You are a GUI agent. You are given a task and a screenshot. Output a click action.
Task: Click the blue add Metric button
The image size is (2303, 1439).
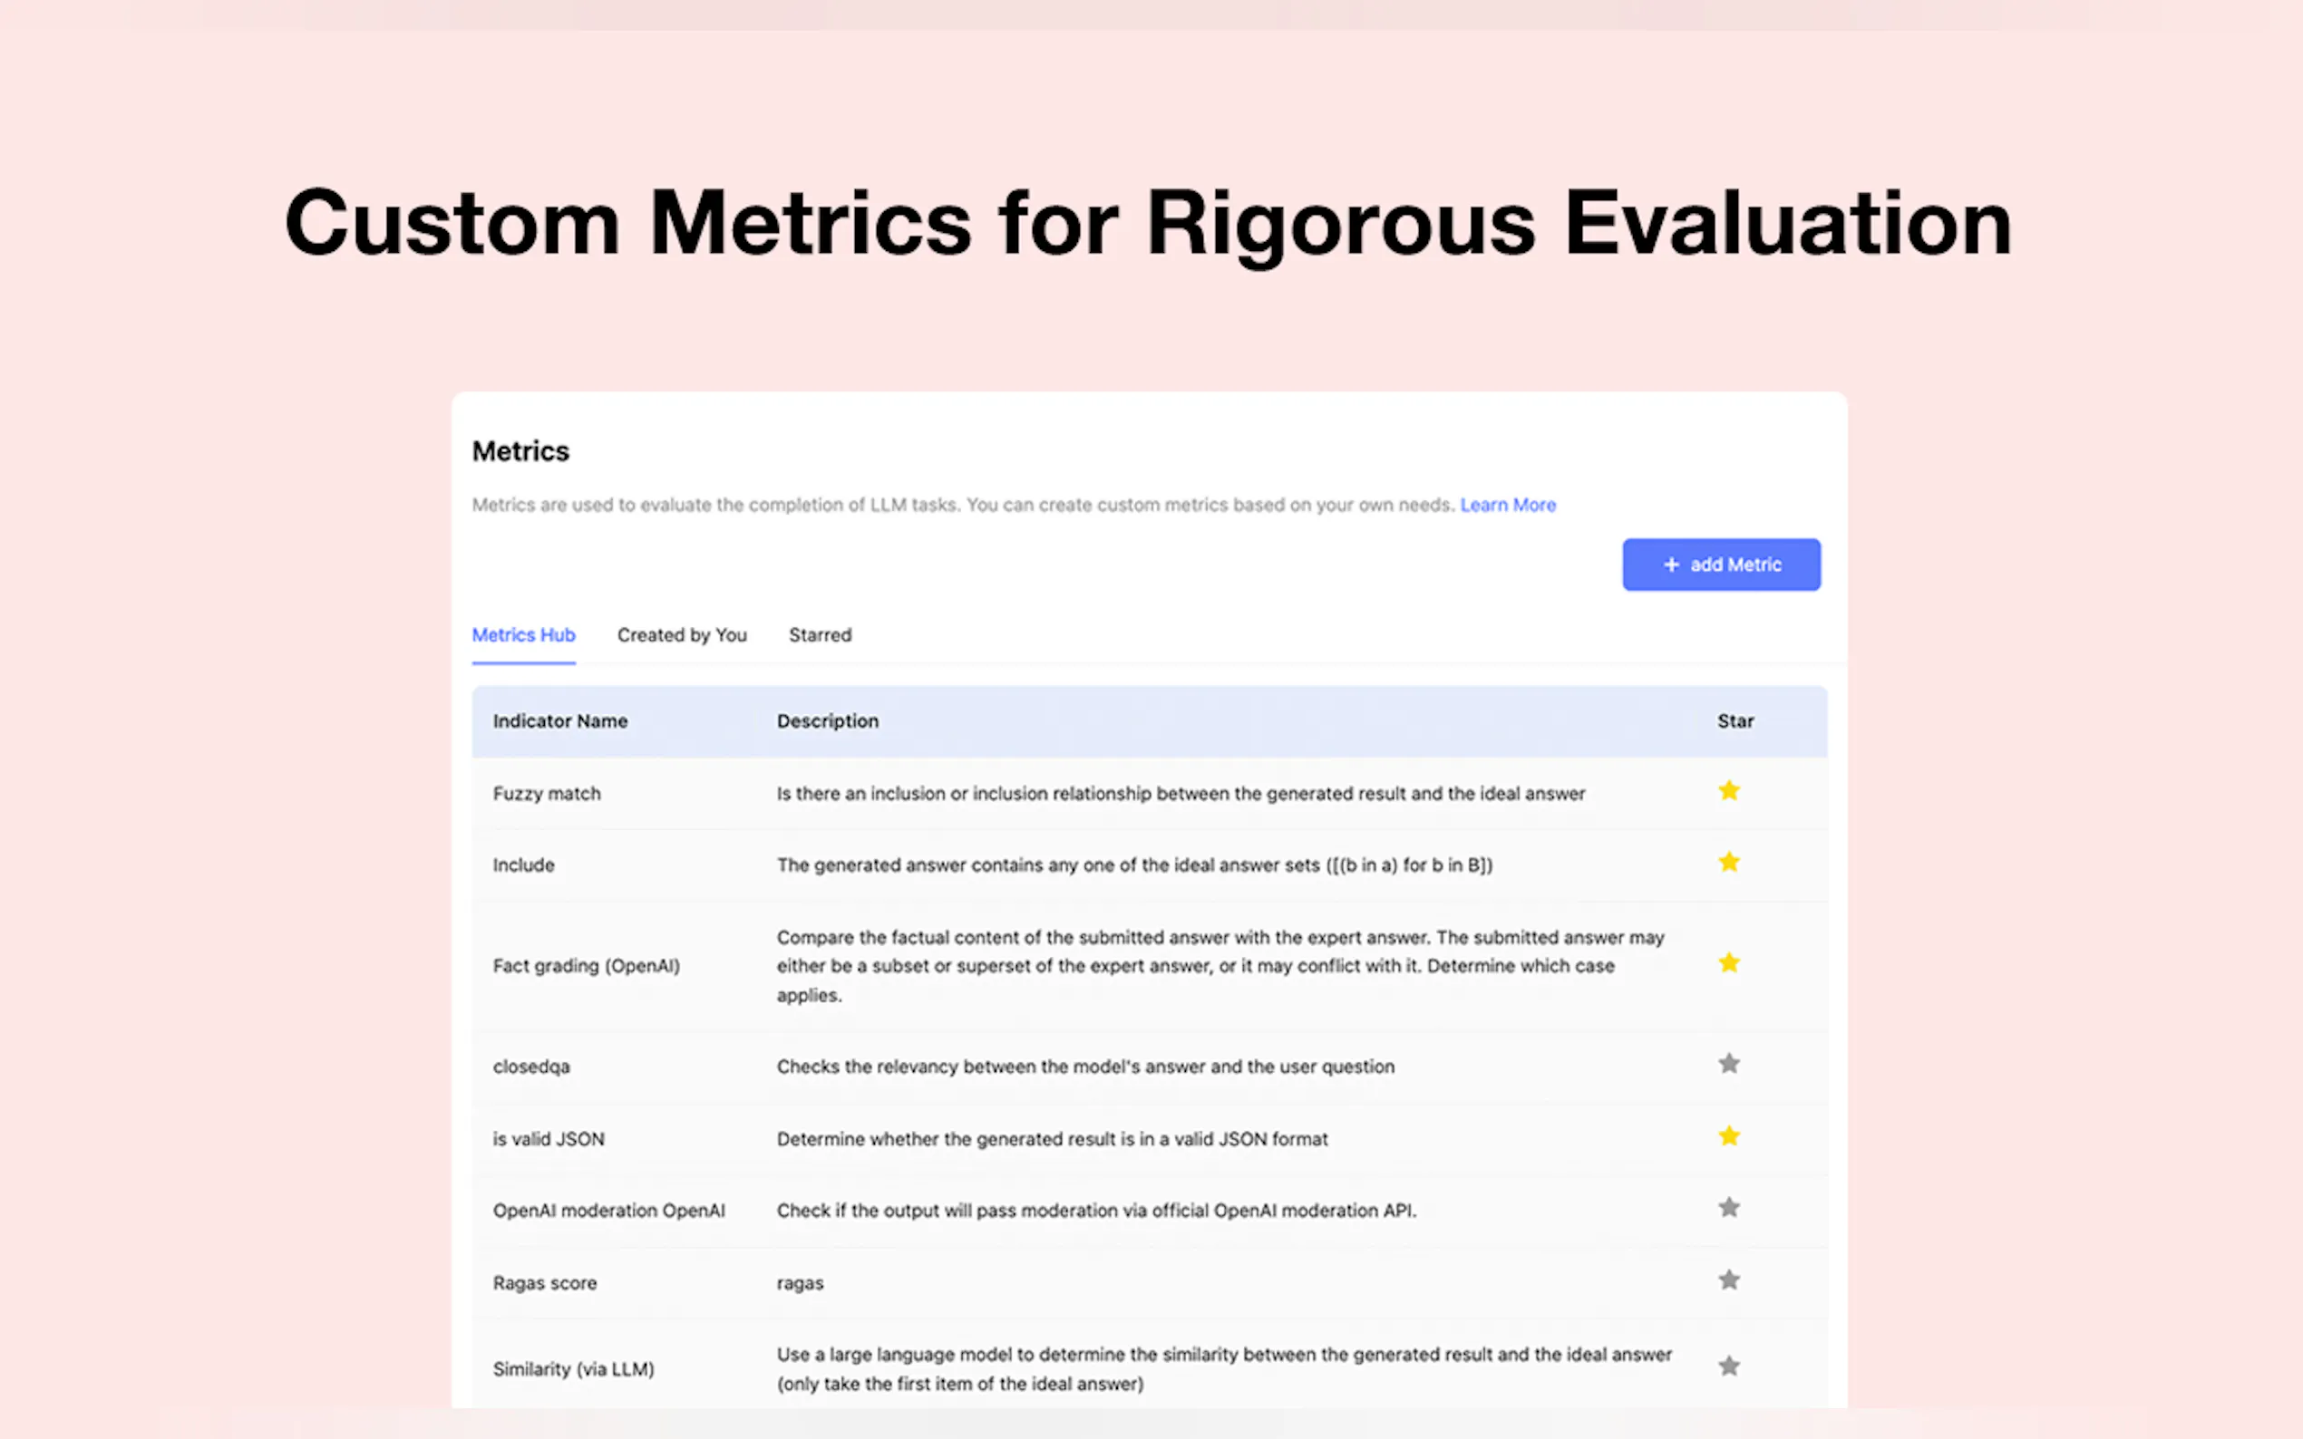(x=1721, y=565)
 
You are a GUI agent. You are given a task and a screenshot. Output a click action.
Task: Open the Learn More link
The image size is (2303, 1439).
(x=1508, y=505)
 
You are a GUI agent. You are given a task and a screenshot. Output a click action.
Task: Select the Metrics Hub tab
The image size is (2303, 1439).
(x=524, y=635)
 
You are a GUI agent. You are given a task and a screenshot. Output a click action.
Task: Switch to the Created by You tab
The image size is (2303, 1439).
(x=682, y=635)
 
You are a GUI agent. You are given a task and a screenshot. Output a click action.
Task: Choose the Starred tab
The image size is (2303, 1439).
(x=820, y=635)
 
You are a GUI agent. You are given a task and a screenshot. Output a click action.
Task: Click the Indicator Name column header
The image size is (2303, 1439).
(x=559, y=720)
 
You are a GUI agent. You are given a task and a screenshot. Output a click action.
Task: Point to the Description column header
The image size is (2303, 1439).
(x=827, y=720)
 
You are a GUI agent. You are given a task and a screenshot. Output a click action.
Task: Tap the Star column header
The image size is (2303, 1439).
(x=1735, y=720)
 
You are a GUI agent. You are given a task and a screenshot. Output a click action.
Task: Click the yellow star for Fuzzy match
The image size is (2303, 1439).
(x=1729, y=791)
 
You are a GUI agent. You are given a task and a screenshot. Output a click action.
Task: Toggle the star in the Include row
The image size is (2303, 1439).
(x=1729, y=863)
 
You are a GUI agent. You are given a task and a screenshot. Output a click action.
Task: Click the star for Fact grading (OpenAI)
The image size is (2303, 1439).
(x=1729, y=963)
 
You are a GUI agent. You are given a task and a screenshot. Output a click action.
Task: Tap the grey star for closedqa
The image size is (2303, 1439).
(x=1729, y=1064)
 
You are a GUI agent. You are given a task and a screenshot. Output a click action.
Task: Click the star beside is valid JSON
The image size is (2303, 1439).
(x=1729, y=1136)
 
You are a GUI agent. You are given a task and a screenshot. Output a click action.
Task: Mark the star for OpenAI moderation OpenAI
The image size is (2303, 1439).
(x=1729, y=1208)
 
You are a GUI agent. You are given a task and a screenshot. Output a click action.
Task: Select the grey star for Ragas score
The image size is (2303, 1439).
(x=1729, y=1280)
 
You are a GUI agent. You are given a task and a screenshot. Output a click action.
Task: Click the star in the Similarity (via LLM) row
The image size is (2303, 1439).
(x=1729, y=1367)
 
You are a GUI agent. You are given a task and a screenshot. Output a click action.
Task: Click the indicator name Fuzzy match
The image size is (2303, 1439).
(x=547, y=794)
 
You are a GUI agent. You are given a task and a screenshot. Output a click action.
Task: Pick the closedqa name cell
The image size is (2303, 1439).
(x=531, y=1067)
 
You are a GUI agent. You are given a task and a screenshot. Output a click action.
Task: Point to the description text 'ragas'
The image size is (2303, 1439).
(x=800, y=1284)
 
